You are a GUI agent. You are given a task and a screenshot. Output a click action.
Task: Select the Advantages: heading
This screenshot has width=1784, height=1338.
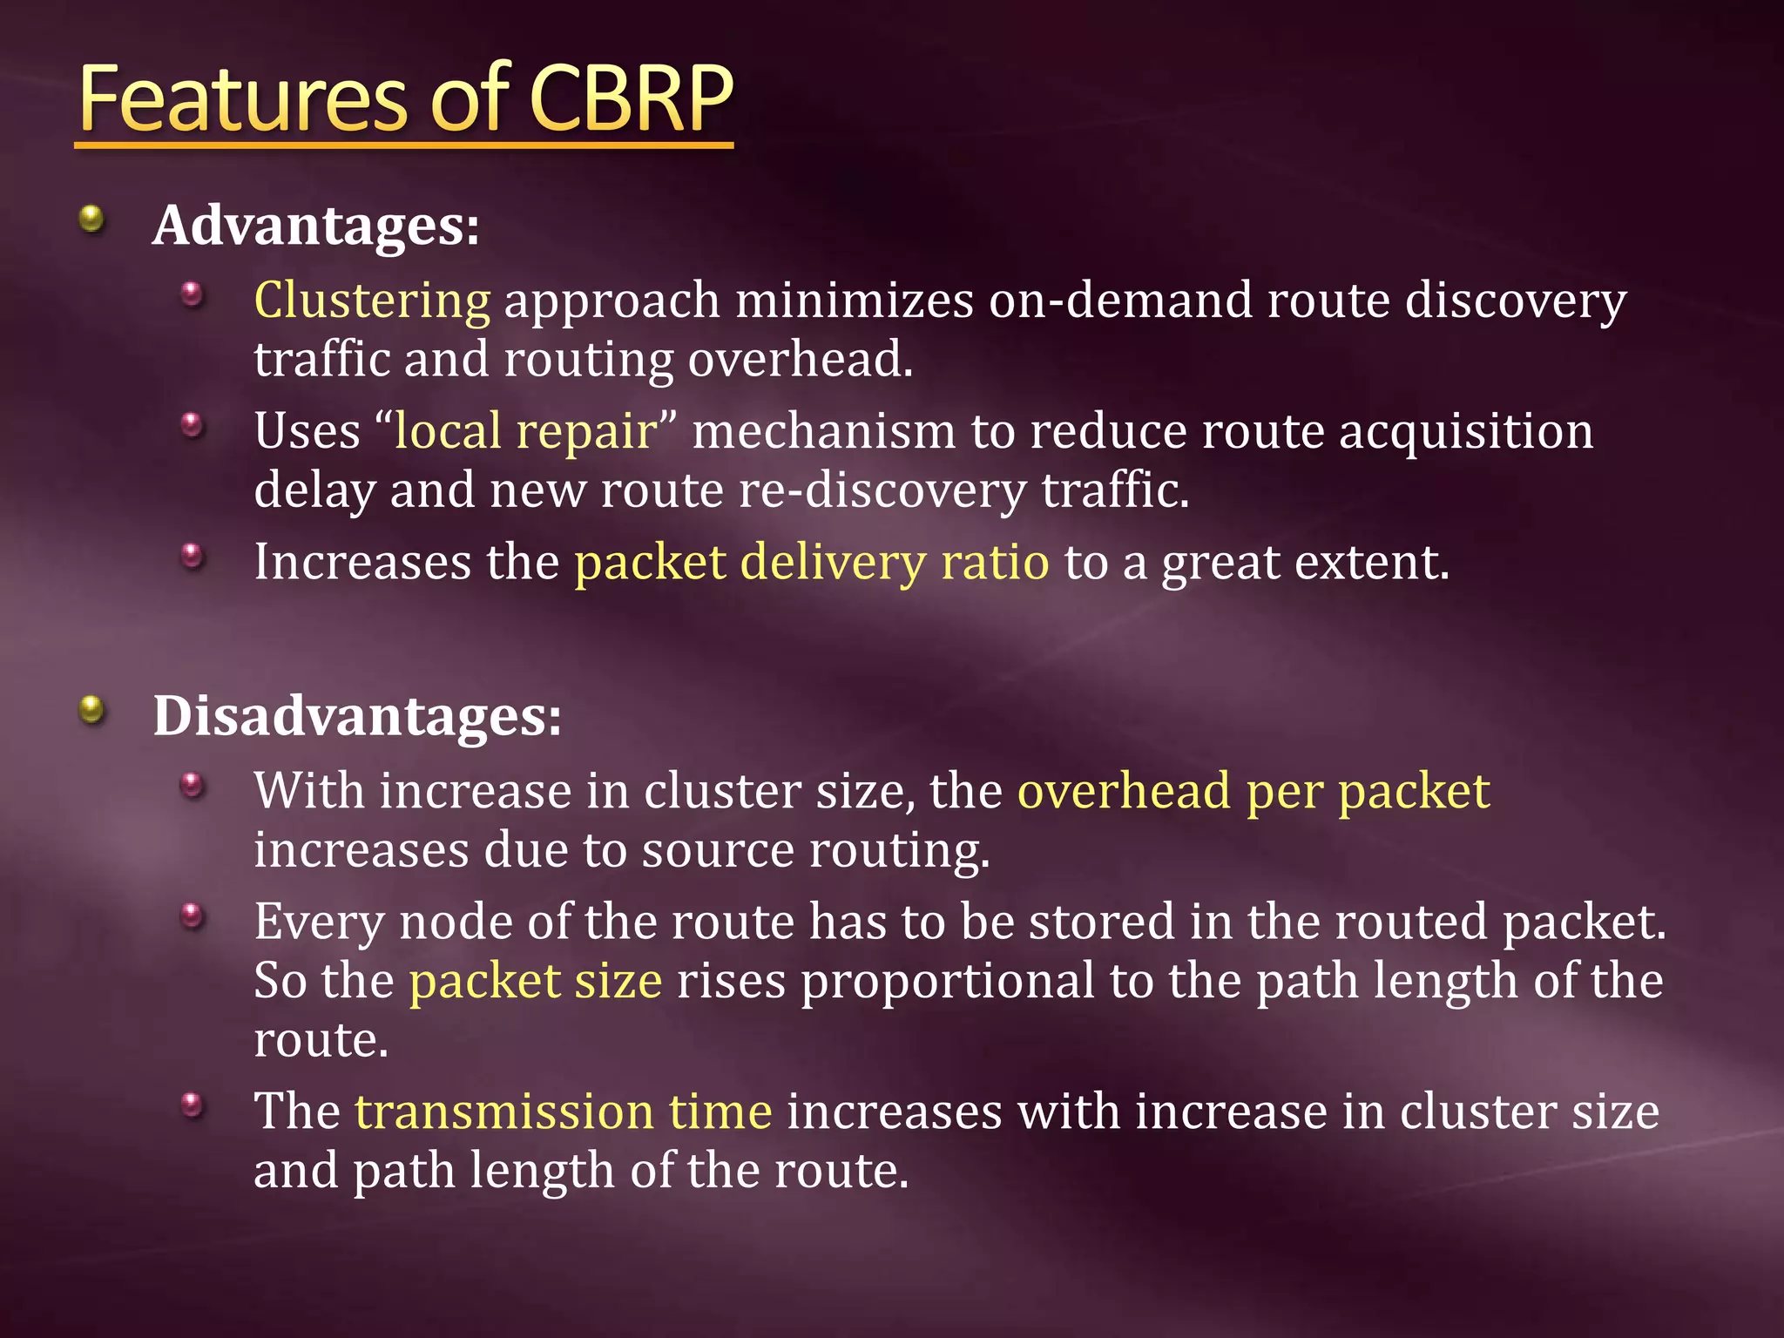pos(315,226)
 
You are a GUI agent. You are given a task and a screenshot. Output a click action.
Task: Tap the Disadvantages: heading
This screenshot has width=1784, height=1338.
pos(357,716)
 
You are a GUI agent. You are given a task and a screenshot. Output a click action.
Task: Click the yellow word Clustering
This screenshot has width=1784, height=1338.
pos(372,301)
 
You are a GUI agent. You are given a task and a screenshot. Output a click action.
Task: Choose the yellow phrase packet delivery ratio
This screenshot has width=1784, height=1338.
pos(811,562)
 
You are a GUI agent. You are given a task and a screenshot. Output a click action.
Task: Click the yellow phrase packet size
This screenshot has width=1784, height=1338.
pos(536,981)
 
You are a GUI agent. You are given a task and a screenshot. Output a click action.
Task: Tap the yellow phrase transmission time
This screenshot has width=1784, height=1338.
pos(563,1112)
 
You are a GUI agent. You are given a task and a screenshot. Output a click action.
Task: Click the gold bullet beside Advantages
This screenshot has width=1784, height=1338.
pos(91,219)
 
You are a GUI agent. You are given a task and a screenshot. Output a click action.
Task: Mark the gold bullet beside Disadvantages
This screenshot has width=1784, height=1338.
pos(91,710)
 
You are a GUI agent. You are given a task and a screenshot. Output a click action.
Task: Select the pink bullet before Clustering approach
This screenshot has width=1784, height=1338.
pos(193,294)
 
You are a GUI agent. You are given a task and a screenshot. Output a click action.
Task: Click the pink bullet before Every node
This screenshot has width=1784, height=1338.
pos(193,916)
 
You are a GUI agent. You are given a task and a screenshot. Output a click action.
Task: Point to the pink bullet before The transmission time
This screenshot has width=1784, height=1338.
pos(193,1105)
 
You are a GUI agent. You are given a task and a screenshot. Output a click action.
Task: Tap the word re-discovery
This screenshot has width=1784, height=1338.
pos(882,490)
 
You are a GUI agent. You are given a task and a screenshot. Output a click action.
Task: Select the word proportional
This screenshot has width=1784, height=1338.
pos(947,981)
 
